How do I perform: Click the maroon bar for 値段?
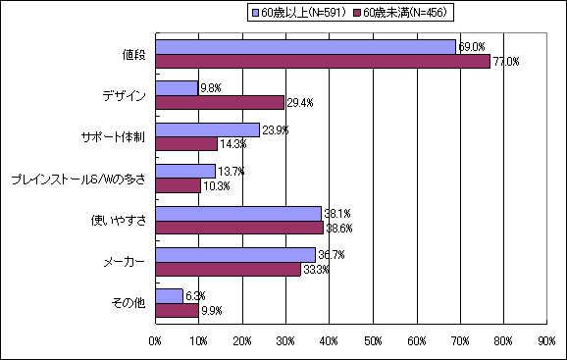[x=323, y=61]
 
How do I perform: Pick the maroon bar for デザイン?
[x=220, y=102]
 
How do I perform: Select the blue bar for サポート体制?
[x=207, y=129]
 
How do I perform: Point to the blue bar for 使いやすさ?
[x=238, y=213]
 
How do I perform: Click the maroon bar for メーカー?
[x=228, y=269]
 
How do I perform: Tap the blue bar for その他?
[x=169, y=295]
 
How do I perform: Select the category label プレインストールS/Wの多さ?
[x=77, y=179]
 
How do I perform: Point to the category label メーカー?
[x=126, y=262]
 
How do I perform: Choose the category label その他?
[x=129, y=303]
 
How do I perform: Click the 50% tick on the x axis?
[x=373, y=341]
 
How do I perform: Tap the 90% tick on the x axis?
[x=546, y=341]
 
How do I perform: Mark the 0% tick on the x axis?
[x=156, y=341]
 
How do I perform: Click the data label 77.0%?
[x=505, y=62]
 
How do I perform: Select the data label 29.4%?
[x=299, y=102]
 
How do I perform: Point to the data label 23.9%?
[x=275, y=129]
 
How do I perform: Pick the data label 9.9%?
[x=212, y=311]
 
